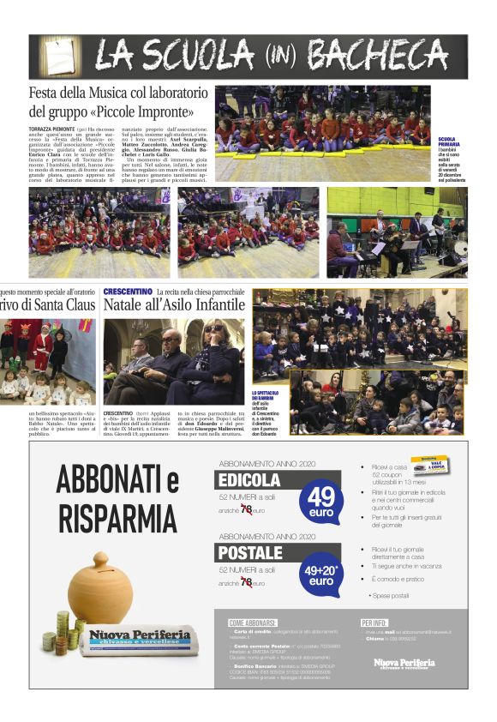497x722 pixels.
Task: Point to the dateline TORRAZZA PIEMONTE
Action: point(52,129)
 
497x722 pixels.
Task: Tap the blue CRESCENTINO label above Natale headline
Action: point(128,292)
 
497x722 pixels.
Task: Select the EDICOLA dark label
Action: point(249,480)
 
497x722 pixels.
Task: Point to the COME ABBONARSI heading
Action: point(254,622)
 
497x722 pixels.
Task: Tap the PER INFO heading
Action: point(375,622)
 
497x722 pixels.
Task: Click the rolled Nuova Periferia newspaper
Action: point(137,640)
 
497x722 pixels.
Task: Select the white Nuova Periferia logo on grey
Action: point(404,663)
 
